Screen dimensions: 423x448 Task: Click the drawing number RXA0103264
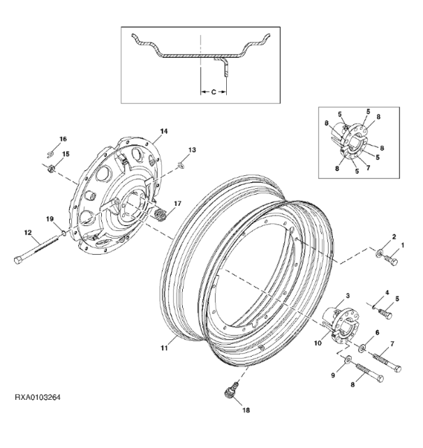(x=38, y=398)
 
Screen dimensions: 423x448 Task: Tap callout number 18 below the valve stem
(x=246, y=410)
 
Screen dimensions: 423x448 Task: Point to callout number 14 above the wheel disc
(x=164, y=131)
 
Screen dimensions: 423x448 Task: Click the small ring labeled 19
(x=64, y=234)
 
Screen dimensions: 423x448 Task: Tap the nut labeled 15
(x=51, y=169)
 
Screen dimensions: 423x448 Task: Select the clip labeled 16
(x=50, y=154)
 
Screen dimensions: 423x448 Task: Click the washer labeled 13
(x=180, y=165)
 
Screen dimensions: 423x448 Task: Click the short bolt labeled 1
(x=391, y=260)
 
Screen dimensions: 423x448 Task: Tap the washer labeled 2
(x=380, y=253)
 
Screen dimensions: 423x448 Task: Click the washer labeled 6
(x=363, y=348)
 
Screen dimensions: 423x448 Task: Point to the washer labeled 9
(x=348, y=359)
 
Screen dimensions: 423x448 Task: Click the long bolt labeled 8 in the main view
(x=369, y=372)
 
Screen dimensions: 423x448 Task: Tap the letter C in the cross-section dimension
(x=214, y=92)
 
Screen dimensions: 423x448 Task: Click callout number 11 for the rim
(x=164, y=348)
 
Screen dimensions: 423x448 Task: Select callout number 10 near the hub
(x=318, y=343)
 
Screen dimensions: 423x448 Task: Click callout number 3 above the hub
(x=348, y=296)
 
